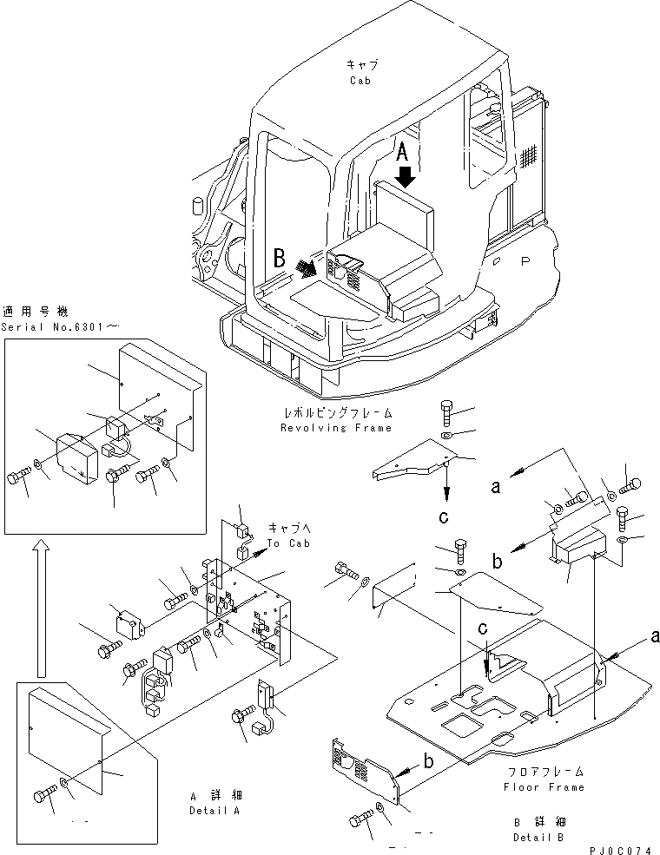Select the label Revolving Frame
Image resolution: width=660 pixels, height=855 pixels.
[x=336, y=427]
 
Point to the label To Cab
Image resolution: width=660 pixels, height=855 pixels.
[x=287, y=543]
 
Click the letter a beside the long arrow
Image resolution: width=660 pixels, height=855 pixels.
[x=496, y=487]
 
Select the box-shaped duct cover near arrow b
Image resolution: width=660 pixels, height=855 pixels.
[x=572, y=547]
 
